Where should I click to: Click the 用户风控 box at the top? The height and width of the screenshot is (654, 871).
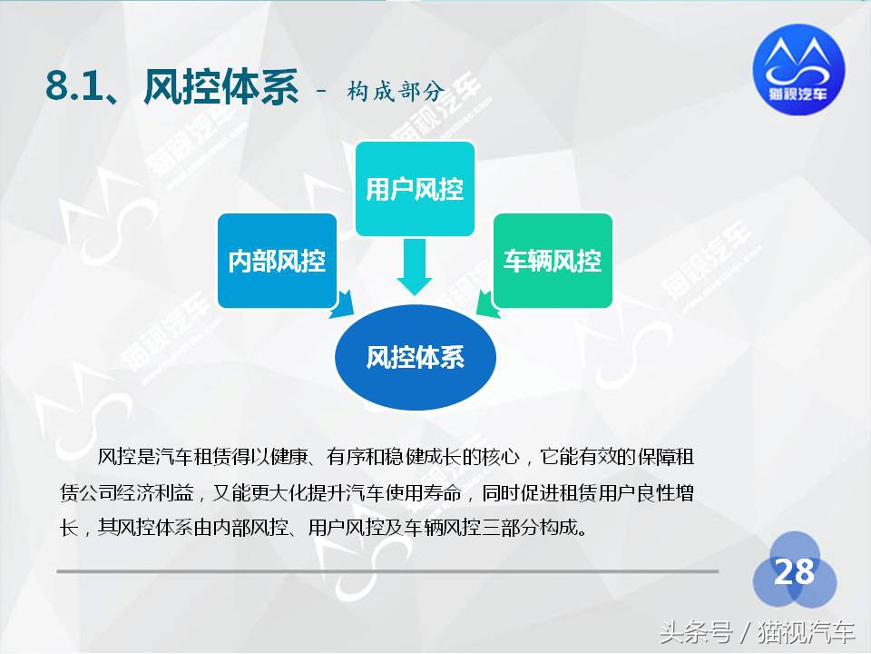pos(415,189)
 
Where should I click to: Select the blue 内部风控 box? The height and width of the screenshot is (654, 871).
pos(276,262)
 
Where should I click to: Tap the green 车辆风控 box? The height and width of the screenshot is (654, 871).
pos(553,262)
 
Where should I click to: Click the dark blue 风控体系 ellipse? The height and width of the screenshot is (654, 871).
pos(416,357)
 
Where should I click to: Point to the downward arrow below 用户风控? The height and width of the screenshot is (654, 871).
pos(416,266)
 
